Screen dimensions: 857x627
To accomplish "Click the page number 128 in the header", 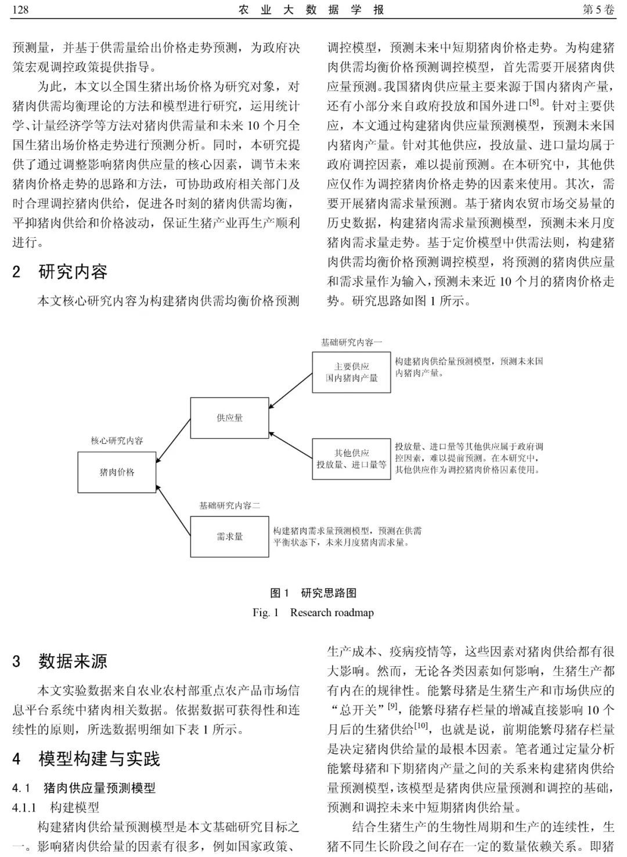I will click(x=20, y=10).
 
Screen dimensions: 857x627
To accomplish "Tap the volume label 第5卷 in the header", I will click(x=597, y=10).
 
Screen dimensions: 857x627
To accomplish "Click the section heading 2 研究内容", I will click(x=60, y=272).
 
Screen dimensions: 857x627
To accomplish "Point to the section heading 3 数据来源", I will click(x=60, y=661).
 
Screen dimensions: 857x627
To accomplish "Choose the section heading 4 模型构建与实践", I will click(x=86, y=758).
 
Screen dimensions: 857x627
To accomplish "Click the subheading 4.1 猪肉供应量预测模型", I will click(x=84, y=788).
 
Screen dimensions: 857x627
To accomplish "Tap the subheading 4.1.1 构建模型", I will click(x=56, y=807).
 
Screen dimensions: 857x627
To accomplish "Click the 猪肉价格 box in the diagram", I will click(x=117, y=472).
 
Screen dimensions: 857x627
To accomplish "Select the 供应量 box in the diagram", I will click(x=229, y=418).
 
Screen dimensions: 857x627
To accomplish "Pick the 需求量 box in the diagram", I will click(x=229, y=537).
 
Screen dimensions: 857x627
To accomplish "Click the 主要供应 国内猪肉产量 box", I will click(x=351, y=373).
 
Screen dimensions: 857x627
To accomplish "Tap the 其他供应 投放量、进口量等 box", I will click(x=351, y=459).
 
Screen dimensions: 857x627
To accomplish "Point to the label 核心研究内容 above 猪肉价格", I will click(x=117, y=441).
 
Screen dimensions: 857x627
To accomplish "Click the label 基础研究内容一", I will click(x=351, y=342).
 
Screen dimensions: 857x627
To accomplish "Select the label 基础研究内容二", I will click(x=229, y=506).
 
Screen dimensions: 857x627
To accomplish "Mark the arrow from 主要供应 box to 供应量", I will click(x=290, y=390).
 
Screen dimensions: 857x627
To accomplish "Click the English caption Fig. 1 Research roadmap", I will click(x=313, y=612).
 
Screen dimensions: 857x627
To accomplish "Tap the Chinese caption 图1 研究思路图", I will click(x=313, y=593).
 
